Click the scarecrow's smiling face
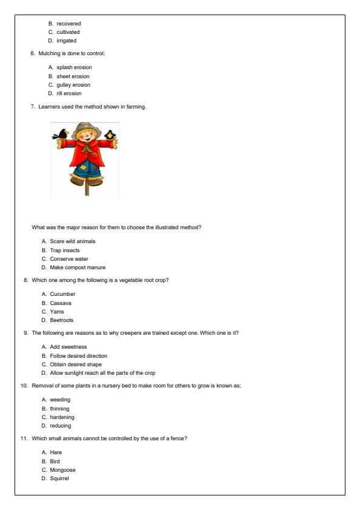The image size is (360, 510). [x=86, y=138]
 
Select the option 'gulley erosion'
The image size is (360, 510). [x=73, y=85]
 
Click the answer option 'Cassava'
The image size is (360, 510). [x=62, y=303]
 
